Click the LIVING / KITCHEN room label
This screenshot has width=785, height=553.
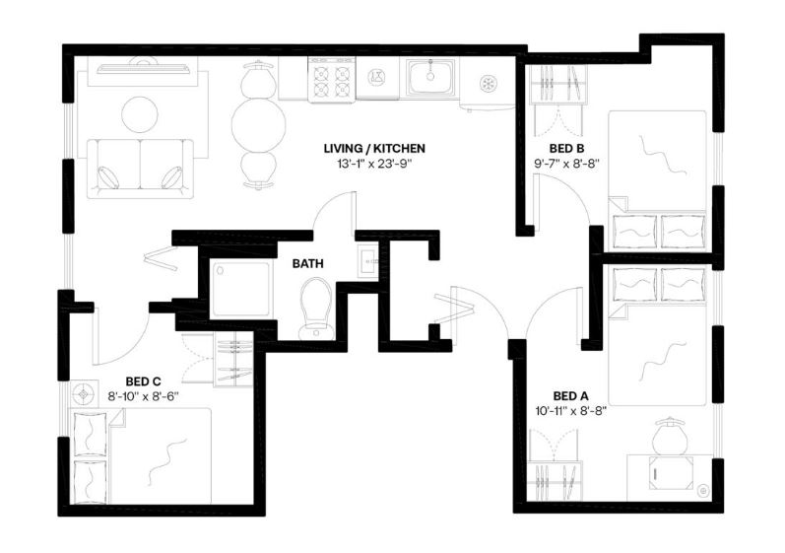coord(374,149)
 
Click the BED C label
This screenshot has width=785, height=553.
coord(143,381)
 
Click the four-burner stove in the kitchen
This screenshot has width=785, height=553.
coord(330,78)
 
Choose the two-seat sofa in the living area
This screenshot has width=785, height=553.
coord(140,165)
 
